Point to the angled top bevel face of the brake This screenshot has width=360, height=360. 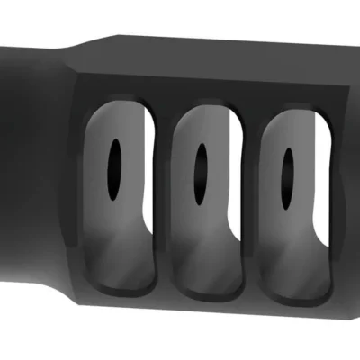click(207, 63)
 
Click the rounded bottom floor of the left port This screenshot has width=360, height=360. click(121, 283)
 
